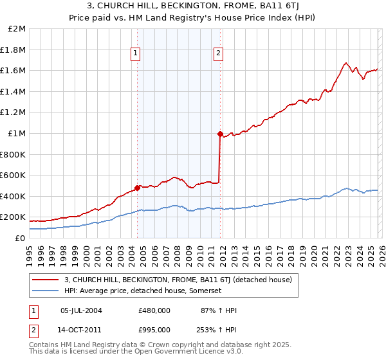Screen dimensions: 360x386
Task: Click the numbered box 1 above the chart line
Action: [136, 54]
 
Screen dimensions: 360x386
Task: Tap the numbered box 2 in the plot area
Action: [219, 54]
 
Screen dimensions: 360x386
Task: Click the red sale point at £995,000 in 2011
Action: [220, 134]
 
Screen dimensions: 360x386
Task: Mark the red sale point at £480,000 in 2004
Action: [137, 188]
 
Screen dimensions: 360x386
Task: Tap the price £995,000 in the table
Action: [154, 328]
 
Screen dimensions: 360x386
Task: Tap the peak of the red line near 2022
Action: [346, 63]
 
